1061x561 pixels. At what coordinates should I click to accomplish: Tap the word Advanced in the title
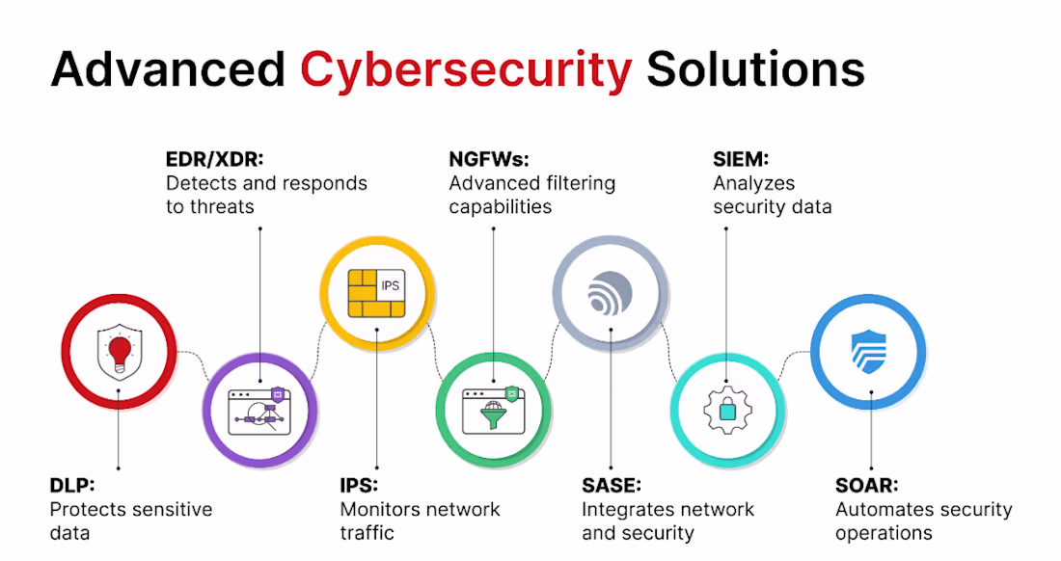tap(168, 69)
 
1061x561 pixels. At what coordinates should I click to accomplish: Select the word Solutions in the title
tap(756, 69)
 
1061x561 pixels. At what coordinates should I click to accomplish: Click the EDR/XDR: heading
tap(214, 159)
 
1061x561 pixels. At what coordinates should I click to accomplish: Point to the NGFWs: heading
tap(489, 159)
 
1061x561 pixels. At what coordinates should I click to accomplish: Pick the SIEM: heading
tap(741, 159)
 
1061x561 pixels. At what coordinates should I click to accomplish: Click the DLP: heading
tap(72, 485)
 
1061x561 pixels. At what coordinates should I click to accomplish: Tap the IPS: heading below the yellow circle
tap(359, 485)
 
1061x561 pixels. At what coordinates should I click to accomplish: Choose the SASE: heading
tap(611, 485)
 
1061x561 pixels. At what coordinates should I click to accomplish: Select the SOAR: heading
tap(867, 485)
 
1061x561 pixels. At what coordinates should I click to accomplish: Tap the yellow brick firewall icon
tap(376, 293)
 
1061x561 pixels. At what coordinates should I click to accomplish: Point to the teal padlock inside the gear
tap(727, 410)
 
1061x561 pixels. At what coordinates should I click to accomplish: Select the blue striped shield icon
tap(868, 352)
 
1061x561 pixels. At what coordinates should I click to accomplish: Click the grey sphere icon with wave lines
tap(610, 293)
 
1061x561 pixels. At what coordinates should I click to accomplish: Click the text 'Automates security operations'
tap(924, 521)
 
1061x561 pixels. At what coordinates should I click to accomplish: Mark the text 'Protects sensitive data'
tap(131, 521)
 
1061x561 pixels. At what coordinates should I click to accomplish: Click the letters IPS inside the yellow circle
tap(391, 285)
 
